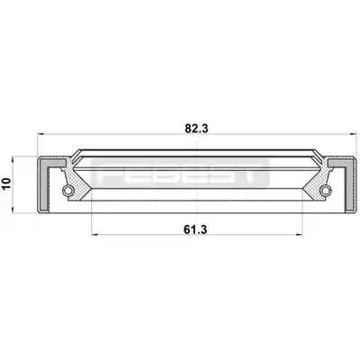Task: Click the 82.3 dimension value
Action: click(x=196, y=129)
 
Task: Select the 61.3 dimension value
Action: click(x=195, y=229)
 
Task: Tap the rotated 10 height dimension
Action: click(x=6, y=184)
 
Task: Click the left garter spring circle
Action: click(x=68, y=190)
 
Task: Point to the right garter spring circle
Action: click(x=325, y=190)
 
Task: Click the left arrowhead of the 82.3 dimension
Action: click(x=40, y=134)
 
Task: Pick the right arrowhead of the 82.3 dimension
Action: click(x=352, y=134)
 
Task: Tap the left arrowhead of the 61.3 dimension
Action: click(x=94, y=235)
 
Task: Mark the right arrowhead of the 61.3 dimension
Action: click(x=298, y=235)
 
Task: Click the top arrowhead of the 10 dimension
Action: click(x=13, y=159)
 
